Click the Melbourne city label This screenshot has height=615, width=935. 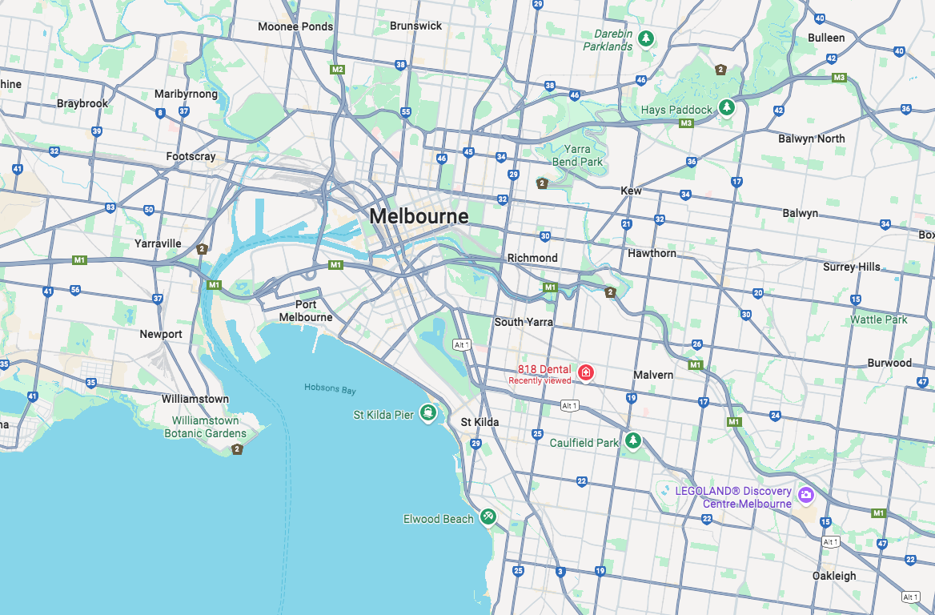click(419, 216)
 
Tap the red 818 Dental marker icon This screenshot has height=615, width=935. click(586, 372)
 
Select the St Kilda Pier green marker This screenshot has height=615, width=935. click(429, 414)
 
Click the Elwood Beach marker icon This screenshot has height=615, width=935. click(488, 517)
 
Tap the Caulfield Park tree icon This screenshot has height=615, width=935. click(633, 441)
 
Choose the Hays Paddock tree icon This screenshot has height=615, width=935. click(726, 107)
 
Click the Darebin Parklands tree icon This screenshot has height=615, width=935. click(646, 38)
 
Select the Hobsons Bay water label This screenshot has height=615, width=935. click(330, 388)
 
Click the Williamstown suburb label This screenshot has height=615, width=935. click(195, 399)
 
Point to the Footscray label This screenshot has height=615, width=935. click(191, 157)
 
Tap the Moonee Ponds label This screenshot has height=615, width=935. click(295, 26)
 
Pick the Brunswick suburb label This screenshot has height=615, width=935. click(415, 26)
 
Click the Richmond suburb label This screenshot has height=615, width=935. click(532, 258)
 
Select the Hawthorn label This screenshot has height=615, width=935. click(652, 253)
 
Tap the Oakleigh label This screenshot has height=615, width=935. click(833, 576)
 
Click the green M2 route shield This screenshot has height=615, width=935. click(337, 70)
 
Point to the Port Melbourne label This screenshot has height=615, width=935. click(306, 311)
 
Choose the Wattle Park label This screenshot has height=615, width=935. click(878, 320)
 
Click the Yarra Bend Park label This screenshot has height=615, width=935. click(576, 155)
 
